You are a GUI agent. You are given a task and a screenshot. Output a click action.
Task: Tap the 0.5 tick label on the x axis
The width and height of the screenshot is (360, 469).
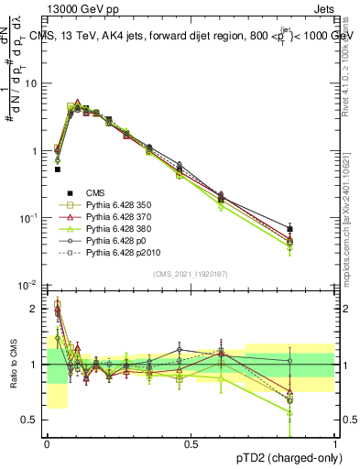(x=191, y=444)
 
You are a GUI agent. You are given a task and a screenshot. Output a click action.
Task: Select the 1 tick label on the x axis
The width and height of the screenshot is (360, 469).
(x=334, y=444)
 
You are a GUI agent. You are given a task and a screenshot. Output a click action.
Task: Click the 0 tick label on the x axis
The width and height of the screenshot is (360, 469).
(x=47, y=444)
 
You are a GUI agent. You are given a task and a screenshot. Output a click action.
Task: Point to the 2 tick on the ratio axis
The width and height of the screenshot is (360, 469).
(x=35, y=309)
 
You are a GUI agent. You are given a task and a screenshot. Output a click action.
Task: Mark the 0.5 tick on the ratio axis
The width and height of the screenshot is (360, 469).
(x=30, y=420)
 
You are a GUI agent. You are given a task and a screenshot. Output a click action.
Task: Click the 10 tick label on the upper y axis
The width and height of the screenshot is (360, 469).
(x=30, y=83)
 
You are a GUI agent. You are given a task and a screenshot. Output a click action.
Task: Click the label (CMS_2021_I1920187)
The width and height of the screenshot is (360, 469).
(x=191, y=274)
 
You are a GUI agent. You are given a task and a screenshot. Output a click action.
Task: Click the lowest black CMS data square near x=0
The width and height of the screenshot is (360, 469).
(x=58, y=169)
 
